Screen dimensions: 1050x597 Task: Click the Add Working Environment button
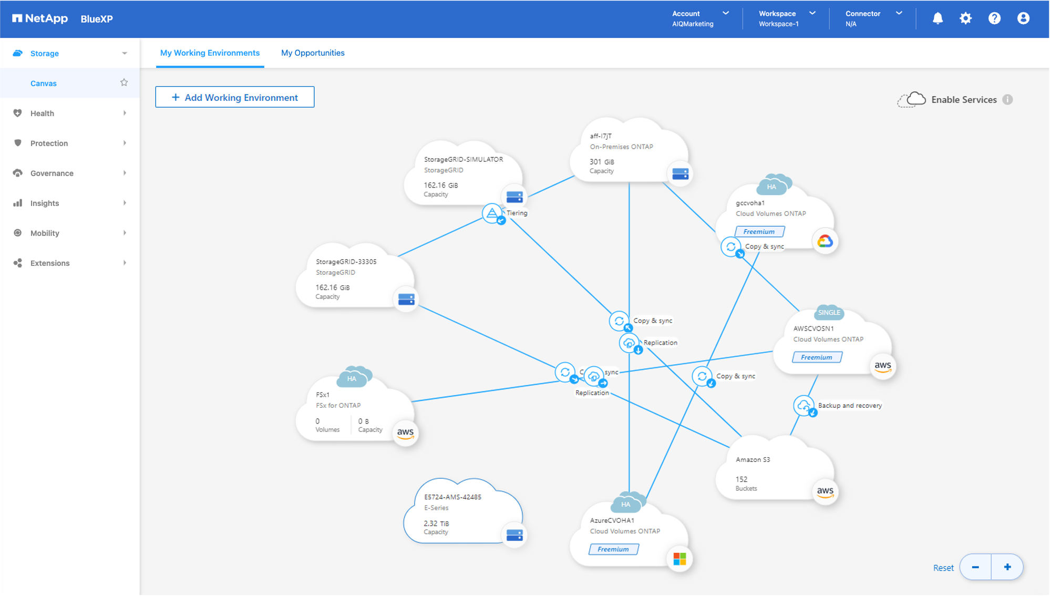click(235, 97)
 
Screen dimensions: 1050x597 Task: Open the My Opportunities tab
click(313, 53)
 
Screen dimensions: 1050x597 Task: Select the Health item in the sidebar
click(42, 113)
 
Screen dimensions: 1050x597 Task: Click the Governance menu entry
click(52, 173)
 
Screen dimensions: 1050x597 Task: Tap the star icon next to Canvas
click(124, 83)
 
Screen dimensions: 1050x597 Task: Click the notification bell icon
click(938, 18)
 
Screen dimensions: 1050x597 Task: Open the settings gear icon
click(965, 18)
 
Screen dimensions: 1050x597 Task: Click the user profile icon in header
click(1023, 18)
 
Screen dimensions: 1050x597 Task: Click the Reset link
click(943, 568)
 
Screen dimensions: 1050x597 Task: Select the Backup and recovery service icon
click(804, 406)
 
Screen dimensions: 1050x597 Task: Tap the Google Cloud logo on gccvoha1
click(825, 241)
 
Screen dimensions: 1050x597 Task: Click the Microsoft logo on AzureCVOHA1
click(680, 559)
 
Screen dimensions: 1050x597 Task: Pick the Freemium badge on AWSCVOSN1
click(817, 357)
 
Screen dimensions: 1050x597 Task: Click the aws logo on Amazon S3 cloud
click(825, 492)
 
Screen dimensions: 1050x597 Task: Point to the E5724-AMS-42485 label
click(452, 497)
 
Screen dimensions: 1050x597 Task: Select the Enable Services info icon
click(1007, 100)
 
